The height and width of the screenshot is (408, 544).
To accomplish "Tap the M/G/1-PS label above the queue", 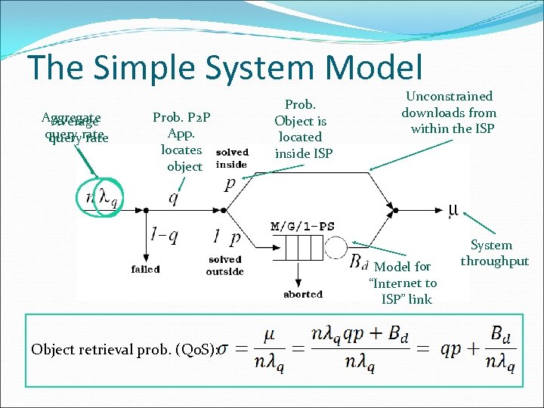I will pos(302,226).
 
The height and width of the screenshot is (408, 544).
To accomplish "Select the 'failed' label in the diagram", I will pos(145,269).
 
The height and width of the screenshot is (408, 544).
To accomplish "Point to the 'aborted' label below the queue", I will pos(303,295).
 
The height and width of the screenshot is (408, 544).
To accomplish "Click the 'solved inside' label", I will pos(231,159).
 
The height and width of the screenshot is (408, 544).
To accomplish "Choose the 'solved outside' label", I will pos(224,265).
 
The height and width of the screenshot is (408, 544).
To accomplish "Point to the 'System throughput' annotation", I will pos(495,253).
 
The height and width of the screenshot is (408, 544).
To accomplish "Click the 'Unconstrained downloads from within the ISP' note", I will pos(449,113).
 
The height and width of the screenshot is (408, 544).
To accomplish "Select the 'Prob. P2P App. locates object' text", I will pos(181,141).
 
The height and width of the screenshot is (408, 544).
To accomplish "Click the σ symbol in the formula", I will pos(225,349).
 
